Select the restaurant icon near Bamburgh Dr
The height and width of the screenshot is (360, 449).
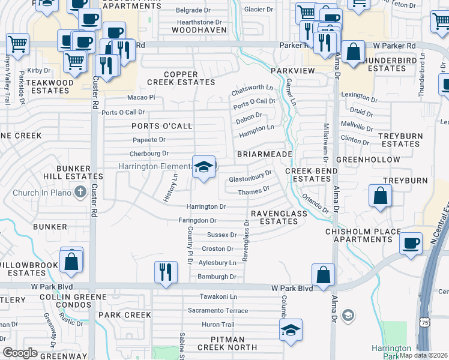tap(164, 272)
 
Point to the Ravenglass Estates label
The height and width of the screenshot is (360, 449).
tap(279, 217)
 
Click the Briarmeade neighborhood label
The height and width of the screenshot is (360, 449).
tap(264, 154)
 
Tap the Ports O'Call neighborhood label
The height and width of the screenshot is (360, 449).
tap(162, 126)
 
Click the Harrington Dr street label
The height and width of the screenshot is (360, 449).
tap(206, 206)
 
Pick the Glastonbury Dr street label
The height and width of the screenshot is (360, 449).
tap(250, 178)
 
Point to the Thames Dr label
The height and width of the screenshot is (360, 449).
tap(253, 191)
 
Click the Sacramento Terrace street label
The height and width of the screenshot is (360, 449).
tap(217, 311)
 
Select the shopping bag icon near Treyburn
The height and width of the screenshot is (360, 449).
tap(380, 196)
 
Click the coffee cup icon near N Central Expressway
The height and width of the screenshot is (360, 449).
tap(411, 243)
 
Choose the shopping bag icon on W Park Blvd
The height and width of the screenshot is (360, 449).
tap(323, 275)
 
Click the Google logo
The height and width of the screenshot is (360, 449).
tap(20, 353)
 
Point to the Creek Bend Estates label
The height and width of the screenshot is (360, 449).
tap(307, 175)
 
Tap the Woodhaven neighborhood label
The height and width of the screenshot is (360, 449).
tap(197, 30)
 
